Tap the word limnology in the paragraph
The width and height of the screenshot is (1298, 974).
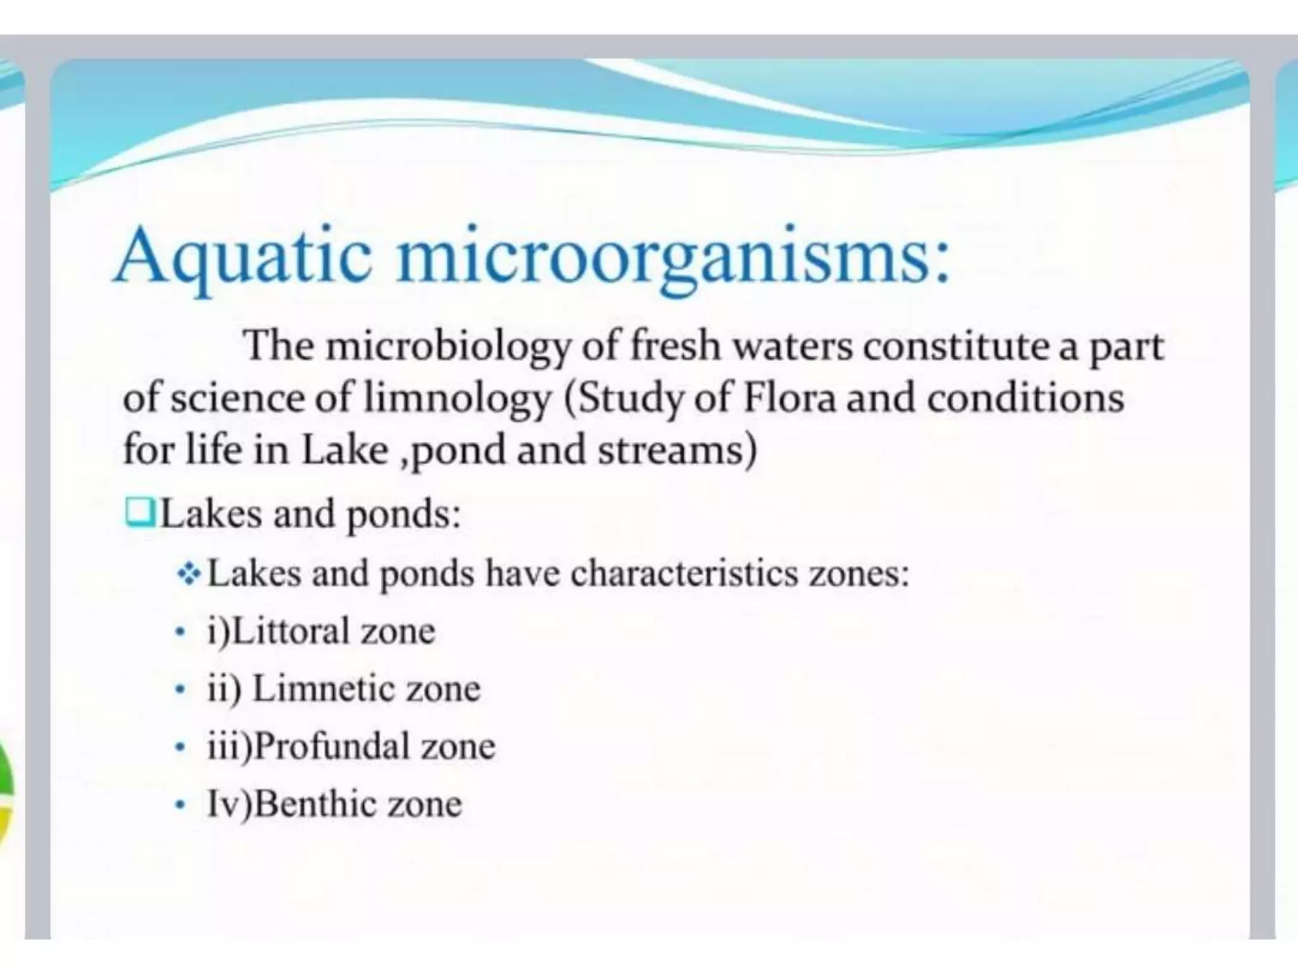(x=456, y=398)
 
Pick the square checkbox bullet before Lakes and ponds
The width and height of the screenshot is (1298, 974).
(x=141, y=512)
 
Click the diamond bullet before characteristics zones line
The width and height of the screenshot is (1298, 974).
(x=189, y=575)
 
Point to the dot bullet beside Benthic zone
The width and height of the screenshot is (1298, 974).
(x=181, y=805)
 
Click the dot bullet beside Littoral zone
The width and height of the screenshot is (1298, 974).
(x=181, y=632)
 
